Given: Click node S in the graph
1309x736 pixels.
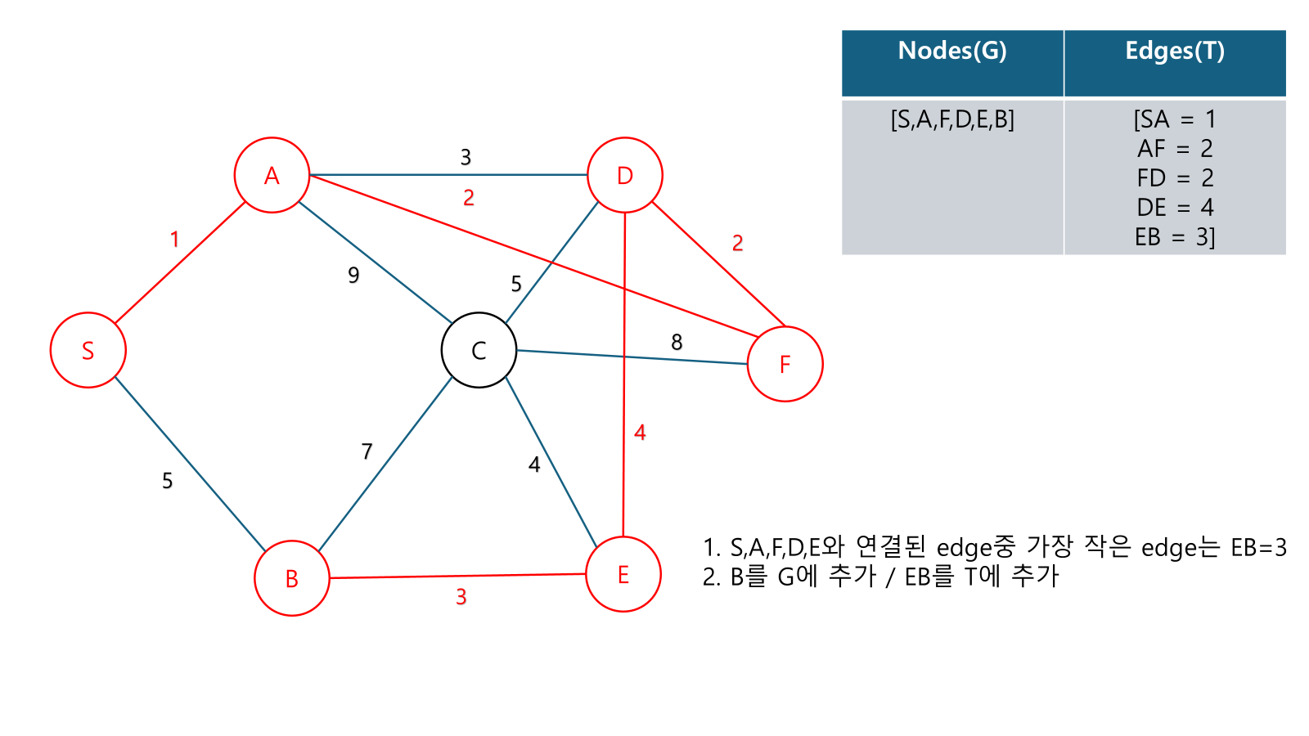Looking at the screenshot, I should [88, 350].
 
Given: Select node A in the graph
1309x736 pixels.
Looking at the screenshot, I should [272, 175].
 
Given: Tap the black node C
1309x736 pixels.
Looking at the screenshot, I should [479, 350].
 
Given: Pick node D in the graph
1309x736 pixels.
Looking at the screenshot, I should [625, 175].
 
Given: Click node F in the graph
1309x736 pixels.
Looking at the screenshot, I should [785, 364].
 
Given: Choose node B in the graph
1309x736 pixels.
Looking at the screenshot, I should [292, 578].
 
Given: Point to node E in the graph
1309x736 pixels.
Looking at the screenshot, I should [623, 574].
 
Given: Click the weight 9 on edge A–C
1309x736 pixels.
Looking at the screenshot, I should [353, 275].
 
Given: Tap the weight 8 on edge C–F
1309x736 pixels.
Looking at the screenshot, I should [677, 342].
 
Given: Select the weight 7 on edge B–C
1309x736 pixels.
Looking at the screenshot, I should [367, 451].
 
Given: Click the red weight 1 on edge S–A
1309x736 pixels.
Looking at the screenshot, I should [174, 239].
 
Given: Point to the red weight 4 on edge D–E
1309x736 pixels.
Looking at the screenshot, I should [640, 433].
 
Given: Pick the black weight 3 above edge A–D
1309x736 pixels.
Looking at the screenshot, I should [466, 156].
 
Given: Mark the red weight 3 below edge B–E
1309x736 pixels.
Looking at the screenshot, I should [461, 597].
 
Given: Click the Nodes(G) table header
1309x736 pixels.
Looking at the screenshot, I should [952, 51].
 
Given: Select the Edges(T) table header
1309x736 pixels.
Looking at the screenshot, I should [1175, 51].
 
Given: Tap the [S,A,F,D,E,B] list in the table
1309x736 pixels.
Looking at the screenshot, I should [952, 119].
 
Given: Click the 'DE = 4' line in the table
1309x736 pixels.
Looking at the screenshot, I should [1175, 207].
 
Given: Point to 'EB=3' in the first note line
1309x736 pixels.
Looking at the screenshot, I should [1258, 547].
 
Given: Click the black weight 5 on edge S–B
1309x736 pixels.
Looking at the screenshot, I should [168, 480].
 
